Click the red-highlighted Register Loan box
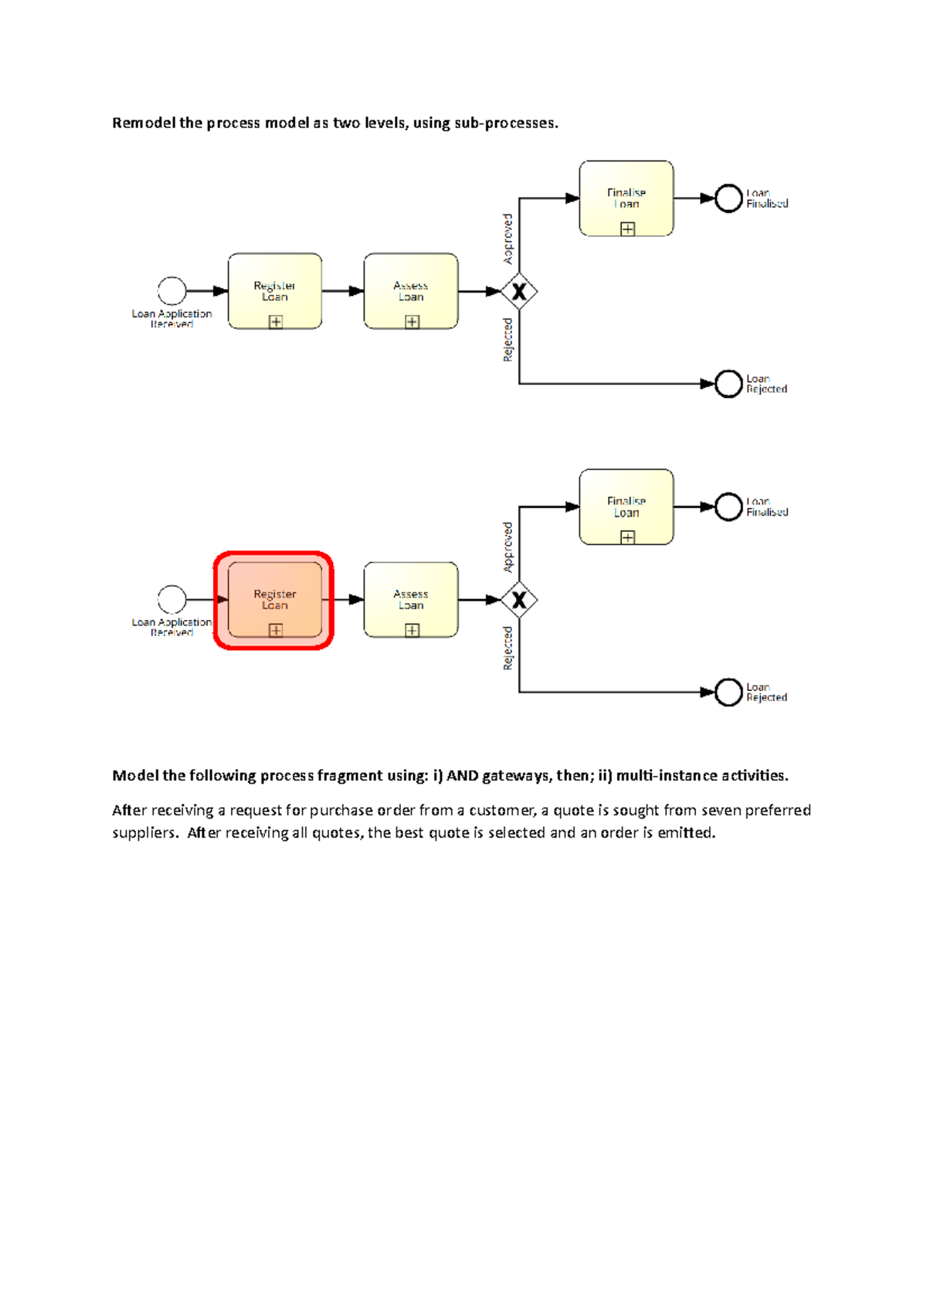tap(274, 599)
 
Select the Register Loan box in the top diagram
tap(274, 290)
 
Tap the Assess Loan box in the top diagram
tap(411, 290)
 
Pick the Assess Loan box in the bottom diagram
tap(411, 599)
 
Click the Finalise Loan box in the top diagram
tap(626, 198)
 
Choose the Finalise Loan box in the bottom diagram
tap(626, 506)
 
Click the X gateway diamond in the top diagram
tap(519, 291)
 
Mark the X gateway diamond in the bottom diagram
tap(519, 600)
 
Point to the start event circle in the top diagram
tap(171, 291)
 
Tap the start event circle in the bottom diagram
tap(171, 599)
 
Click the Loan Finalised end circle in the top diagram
tap(728, 198)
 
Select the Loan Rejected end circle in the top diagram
tap(728, 384)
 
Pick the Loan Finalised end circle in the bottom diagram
tap(728, 506)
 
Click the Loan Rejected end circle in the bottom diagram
tap(728, 692)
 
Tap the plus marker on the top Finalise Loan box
tap(628, 229)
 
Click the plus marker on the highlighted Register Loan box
tap(276, 630)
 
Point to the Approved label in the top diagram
tap(508, 239)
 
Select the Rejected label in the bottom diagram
tap(508, 648)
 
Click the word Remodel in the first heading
tap(144, 124)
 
